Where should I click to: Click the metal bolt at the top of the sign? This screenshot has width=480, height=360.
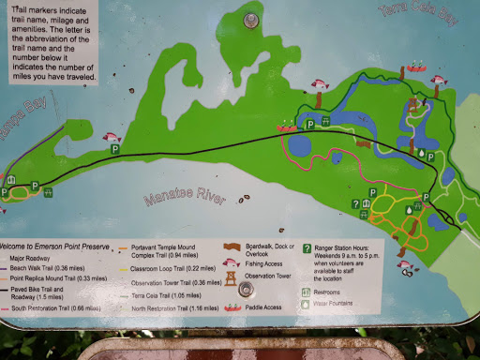[x=250, y=20]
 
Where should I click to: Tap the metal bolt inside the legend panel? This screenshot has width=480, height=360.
[x=247, y=290]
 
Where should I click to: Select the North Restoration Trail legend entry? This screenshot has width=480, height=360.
[x=174, y=307]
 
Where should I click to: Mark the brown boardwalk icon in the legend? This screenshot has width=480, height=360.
[x=229, y=247]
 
